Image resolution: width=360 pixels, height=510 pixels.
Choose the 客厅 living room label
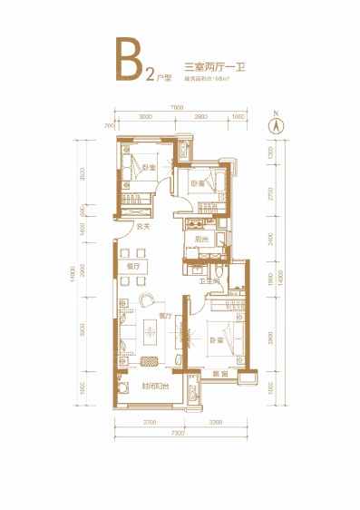pos(164,316)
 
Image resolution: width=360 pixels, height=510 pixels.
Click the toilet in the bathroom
pos(221,270)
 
